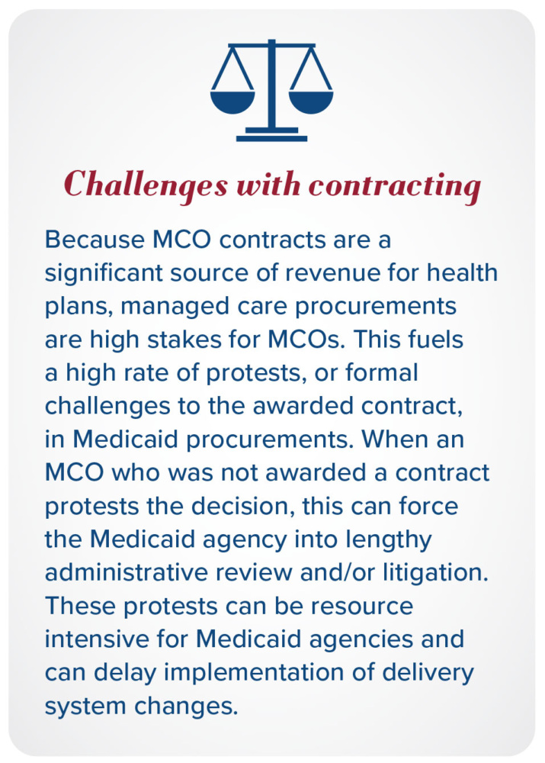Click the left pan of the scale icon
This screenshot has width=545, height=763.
click(232, 101)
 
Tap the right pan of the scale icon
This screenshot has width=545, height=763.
click(311, 101)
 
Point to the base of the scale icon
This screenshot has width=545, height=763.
click(271, 138)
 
